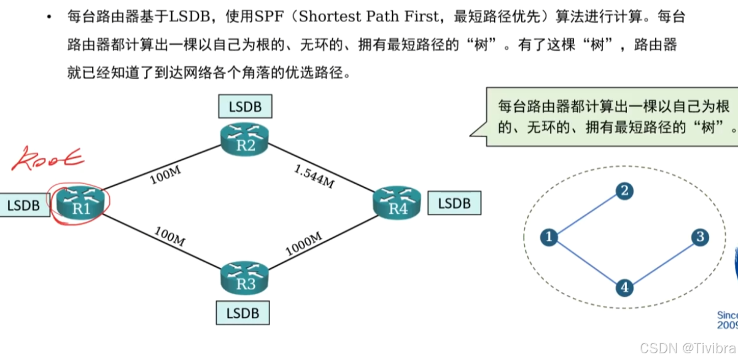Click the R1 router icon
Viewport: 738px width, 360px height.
81,202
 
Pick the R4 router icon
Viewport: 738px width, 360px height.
398,202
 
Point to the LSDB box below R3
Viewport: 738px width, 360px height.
242,313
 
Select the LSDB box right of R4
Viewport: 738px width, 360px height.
454,203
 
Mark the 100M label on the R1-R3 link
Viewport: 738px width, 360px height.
169,236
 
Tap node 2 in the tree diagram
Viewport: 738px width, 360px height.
624,191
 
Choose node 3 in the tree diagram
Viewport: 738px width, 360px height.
699,237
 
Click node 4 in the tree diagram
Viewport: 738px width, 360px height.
624,287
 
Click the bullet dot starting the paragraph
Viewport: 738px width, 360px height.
49,17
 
